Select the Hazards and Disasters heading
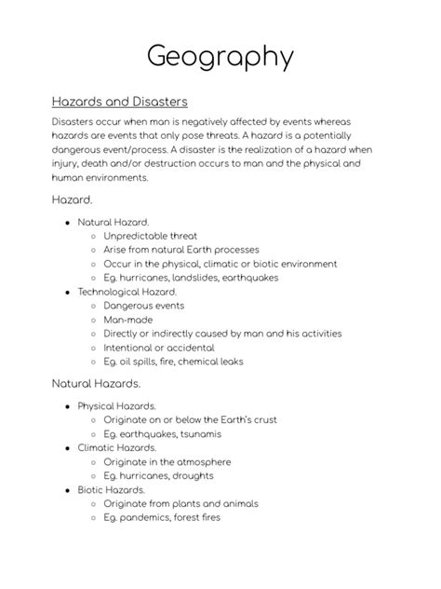point(120,101)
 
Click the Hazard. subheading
point(72,199)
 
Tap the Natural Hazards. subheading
point(96,383)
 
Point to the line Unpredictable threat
point(151,236)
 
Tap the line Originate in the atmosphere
point(167,461)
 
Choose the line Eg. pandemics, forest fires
point(162,517)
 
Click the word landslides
point(199,278)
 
